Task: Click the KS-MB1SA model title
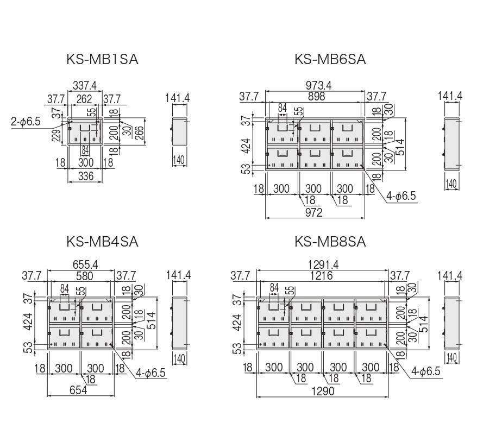click(x=103, y=59)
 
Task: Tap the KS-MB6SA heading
click(x=330, y=59)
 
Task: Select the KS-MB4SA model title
click(x=103, y=241)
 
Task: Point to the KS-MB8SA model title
click(x=330, y=241)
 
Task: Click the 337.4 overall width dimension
click(x=85, y=86)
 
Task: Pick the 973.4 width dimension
click(x=315, y=86)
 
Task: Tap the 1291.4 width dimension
click(x=323, y=265)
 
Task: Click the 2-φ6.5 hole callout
click(x=26, y=122)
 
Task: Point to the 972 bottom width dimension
click(x=314, y=212)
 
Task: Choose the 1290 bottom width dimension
click(x=323, y=391)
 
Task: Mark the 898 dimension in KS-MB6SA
click(x=316, y=96)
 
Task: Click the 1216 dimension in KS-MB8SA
click(x=323, y=276)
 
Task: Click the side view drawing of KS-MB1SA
click(x=179, y=130)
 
